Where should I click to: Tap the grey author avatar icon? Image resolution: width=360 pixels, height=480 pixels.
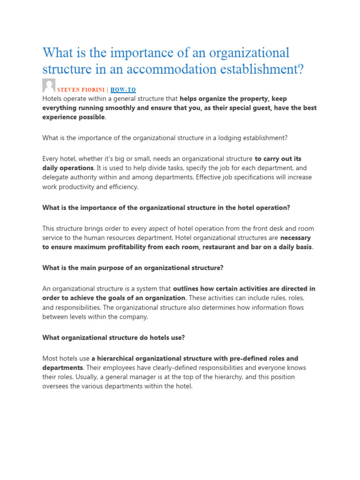click(48, 85)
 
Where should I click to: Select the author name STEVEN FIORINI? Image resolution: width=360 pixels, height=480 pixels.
click(77, 90)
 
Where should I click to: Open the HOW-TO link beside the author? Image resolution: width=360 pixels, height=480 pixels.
click(123, 90)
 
